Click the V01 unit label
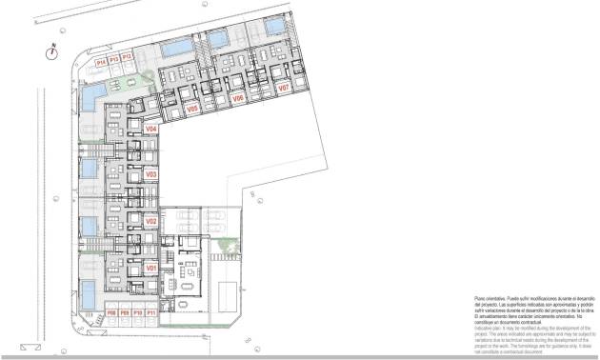(x=150, y=269)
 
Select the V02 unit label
(x=150, y=221)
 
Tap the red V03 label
(x=150, y=175)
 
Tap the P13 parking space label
(x=113, y=59)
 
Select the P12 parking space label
(x=126, y=59)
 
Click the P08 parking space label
(x=111, y=312)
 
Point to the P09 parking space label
(x=125, y=312)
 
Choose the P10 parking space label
(x=137, y=312)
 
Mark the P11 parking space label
(x=150, y=312)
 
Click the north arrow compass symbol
(x=52, y=52)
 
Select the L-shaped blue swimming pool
(x=92, y=95)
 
